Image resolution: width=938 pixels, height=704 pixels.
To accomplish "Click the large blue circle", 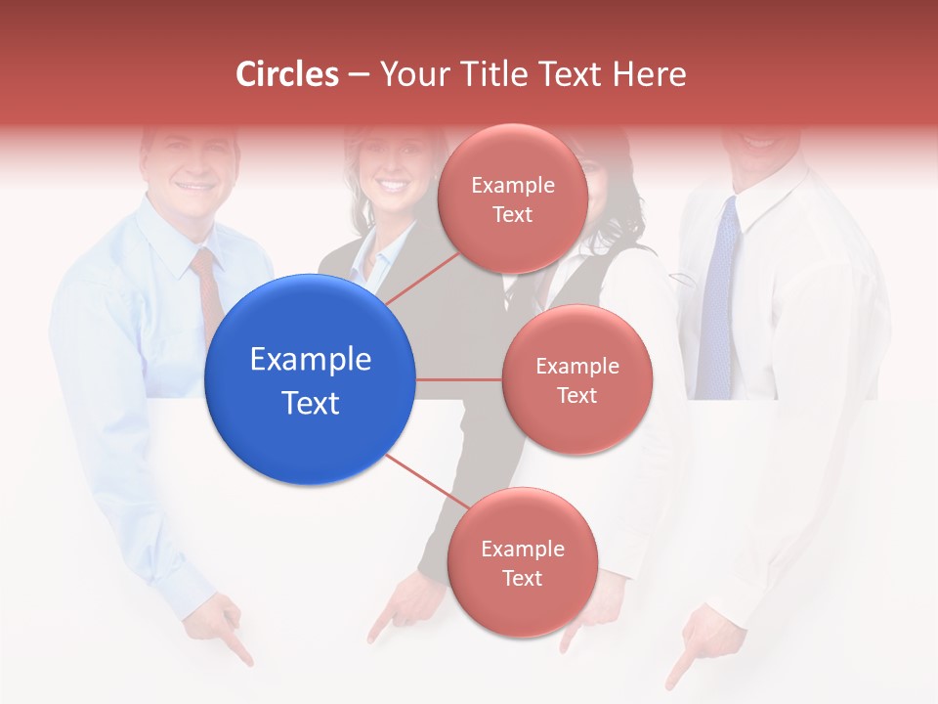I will point(311,380).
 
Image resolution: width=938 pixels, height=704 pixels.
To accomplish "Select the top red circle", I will point(512,198).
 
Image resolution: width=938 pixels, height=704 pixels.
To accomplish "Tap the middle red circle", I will point(576,379).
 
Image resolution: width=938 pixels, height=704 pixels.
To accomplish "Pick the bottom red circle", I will point(522,562).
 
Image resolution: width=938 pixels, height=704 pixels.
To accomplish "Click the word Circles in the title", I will point(287,74).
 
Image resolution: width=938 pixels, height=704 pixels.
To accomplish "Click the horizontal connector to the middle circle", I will point(459,379).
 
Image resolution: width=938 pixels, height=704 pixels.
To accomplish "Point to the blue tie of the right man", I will point(718,293).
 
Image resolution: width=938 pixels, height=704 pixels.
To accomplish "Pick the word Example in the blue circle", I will point(311,360).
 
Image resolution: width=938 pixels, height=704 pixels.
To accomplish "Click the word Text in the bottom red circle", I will point(522,578).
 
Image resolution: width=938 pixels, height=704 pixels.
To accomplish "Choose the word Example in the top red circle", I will point(512,185).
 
